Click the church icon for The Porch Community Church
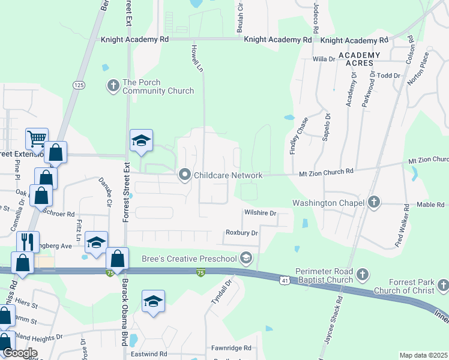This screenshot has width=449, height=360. (x=113, y=86)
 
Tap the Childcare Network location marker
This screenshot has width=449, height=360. (x=184, y=175)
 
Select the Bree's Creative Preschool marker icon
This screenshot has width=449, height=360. (x=245, y=259)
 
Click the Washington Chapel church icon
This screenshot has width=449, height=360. (x=374, y=202)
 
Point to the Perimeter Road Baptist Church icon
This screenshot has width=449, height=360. (x=361, y=275)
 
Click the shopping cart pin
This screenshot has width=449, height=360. (x=36, y=139)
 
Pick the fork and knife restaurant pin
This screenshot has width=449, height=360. (x=28, y=242)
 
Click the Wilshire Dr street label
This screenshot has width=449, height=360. (x=260, y=213)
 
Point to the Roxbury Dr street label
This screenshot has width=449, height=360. (x=241, y=233)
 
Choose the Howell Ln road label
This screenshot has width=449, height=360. (x=196, y=58)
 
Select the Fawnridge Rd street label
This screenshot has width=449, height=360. (x=231, y=348)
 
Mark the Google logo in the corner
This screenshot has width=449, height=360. (x=20, y=353)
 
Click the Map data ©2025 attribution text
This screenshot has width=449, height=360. (x=423, y=355)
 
